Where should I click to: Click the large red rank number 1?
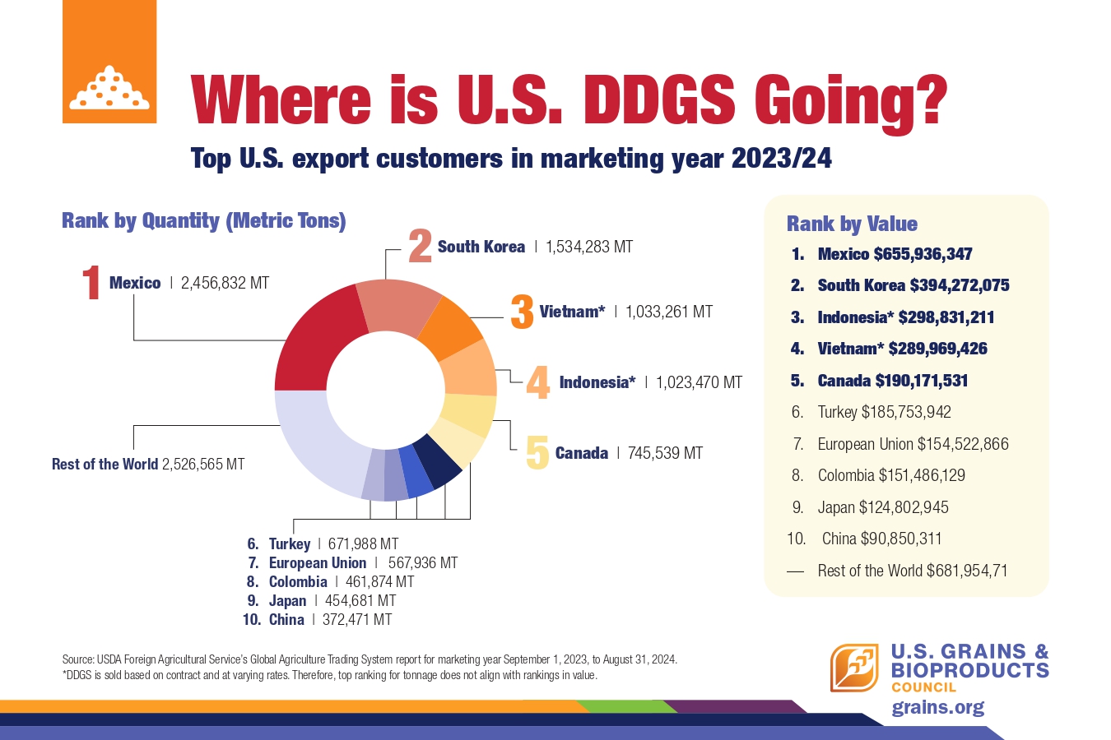click(x=91, y=283)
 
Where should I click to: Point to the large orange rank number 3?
click(x=522, y=312)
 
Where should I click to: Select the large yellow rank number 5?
click(x=537, y=453)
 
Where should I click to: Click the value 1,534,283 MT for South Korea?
click(x=589, y=247)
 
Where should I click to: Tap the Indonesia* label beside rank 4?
click(x=597, y=382)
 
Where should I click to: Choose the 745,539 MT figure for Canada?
click(x=665, y=453)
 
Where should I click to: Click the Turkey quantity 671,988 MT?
click(x=363, y=544)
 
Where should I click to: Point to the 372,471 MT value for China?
click(x=357, y=620)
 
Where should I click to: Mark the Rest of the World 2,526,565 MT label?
click(x=148, y=465)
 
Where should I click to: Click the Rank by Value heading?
click(x=852, y=224)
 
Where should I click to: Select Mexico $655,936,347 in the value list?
click(x=895, y=254)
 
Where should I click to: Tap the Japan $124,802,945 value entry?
click(x=882, y=507)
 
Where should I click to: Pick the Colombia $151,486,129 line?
click(x=891, y=475)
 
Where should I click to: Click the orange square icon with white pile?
click(x=109, y=62)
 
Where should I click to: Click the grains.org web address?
click(x=937, y=708)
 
